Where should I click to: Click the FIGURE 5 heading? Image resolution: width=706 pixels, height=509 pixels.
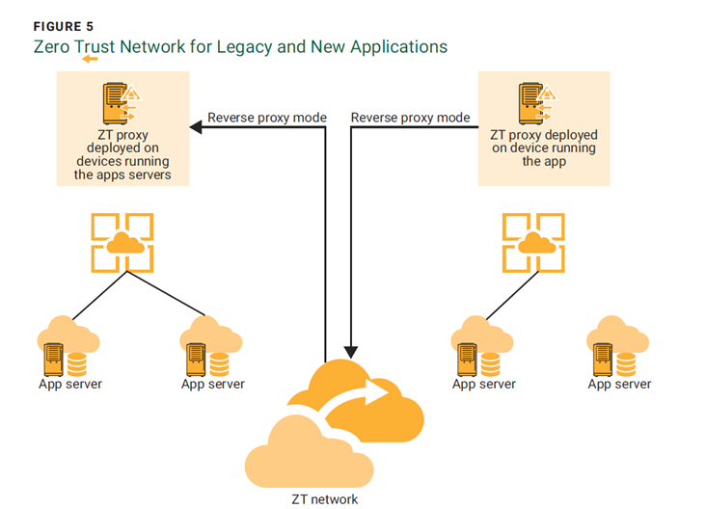click(60, 27)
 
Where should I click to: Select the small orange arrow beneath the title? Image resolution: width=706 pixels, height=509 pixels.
click(90, 59)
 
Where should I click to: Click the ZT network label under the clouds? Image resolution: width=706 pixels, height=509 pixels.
click(325, 498)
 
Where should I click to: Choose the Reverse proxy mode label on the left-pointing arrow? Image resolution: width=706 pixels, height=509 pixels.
click(267, 118)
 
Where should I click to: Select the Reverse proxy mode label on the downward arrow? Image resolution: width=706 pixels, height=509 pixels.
click(410, 118)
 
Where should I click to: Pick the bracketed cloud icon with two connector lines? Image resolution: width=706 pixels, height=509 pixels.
click(122, 243)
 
